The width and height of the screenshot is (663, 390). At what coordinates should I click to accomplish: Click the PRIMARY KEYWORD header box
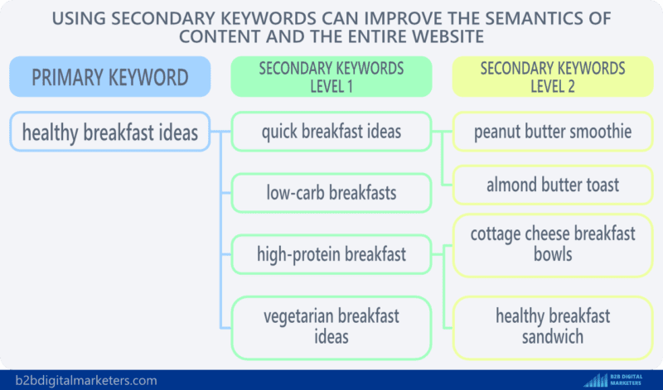point(110,77)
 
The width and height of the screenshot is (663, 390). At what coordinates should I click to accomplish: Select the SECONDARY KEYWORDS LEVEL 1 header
point(331,77)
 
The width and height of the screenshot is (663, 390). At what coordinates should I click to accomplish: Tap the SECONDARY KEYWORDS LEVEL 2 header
point(552,77)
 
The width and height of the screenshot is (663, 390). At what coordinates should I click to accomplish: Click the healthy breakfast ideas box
point(110,132)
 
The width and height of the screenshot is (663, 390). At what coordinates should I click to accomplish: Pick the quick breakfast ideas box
point(331,132)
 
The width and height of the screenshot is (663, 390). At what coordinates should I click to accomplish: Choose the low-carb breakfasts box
point(331,193)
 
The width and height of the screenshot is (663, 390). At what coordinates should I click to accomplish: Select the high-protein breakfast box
point(331,254)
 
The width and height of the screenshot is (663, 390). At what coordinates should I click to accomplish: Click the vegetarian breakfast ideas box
point(331,326)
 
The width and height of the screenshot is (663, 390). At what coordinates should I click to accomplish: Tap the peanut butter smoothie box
point(553,132)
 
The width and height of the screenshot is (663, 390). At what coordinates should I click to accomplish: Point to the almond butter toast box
point(553,184)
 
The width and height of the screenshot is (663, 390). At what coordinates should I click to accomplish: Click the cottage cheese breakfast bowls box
point(553,243)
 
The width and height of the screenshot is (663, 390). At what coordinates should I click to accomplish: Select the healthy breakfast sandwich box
point(553,326)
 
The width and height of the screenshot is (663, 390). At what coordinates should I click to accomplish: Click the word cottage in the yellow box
point(498,234)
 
